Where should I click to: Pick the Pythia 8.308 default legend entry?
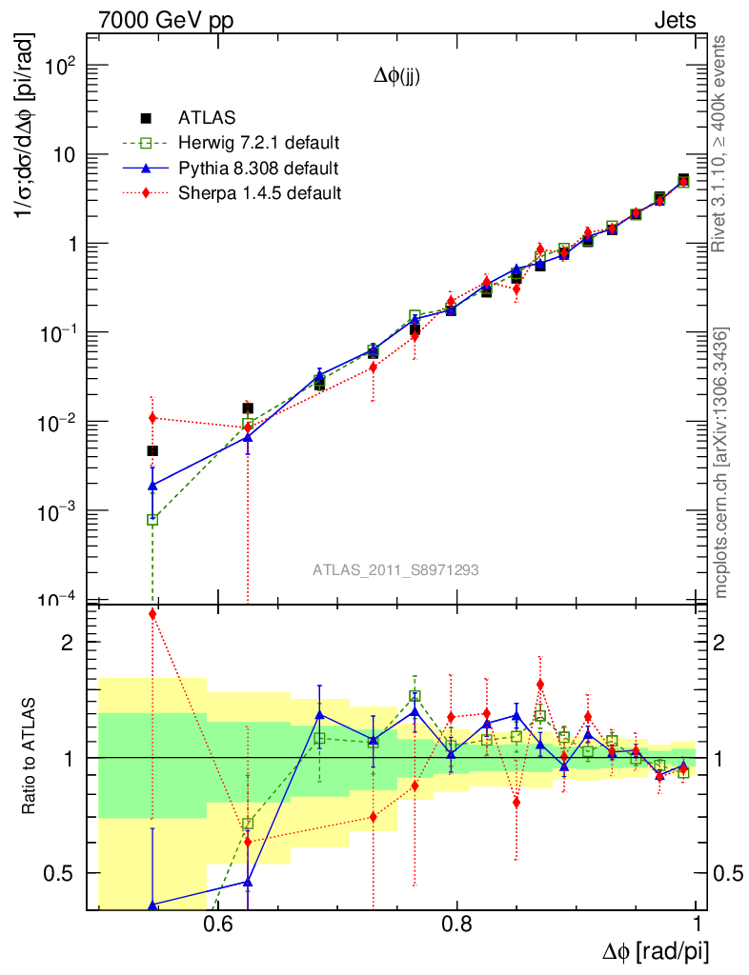coord(258,169)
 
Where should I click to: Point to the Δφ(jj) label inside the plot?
coord(396,78)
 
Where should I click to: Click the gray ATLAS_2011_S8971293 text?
coord(395,570)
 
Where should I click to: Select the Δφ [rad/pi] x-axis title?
coord(656,950)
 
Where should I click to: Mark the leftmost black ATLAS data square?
coord(152,451)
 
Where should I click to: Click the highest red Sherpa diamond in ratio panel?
coord(152,614)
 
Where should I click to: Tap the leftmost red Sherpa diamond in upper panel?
coord(152,417)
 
